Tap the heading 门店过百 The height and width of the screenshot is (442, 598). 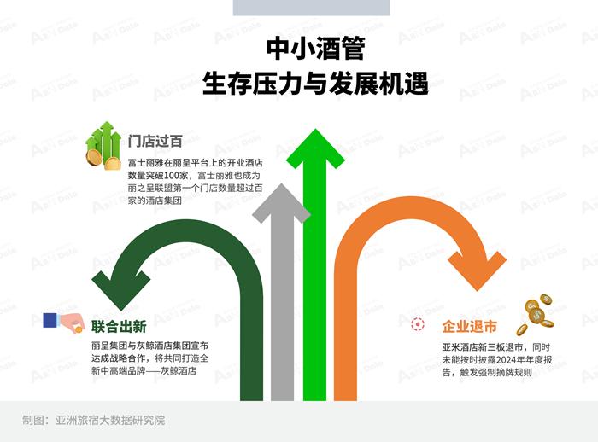coord(155,142)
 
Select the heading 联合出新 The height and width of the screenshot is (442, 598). coord(119,326)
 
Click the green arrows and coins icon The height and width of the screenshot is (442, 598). coord(103,145)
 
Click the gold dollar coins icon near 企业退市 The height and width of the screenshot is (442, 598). coord(539,311)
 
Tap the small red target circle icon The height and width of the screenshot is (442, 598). coord(418,324)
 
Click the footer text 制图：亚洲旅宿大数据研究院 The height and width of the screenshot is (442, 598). coord(93,420)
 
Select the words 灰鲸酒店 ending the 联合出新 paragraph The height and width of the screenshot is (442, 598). coord(190,372)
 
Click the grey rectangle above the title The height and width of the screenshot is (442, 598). coord(311,8)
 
